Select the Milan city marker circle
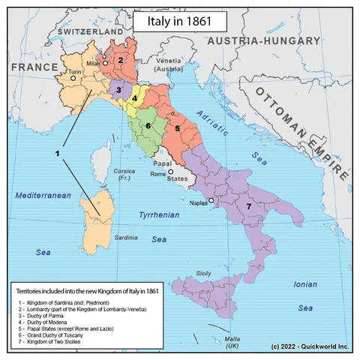(106, 64)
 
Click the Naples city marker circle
(211, 200)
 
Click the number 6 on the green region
(148, 125)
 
